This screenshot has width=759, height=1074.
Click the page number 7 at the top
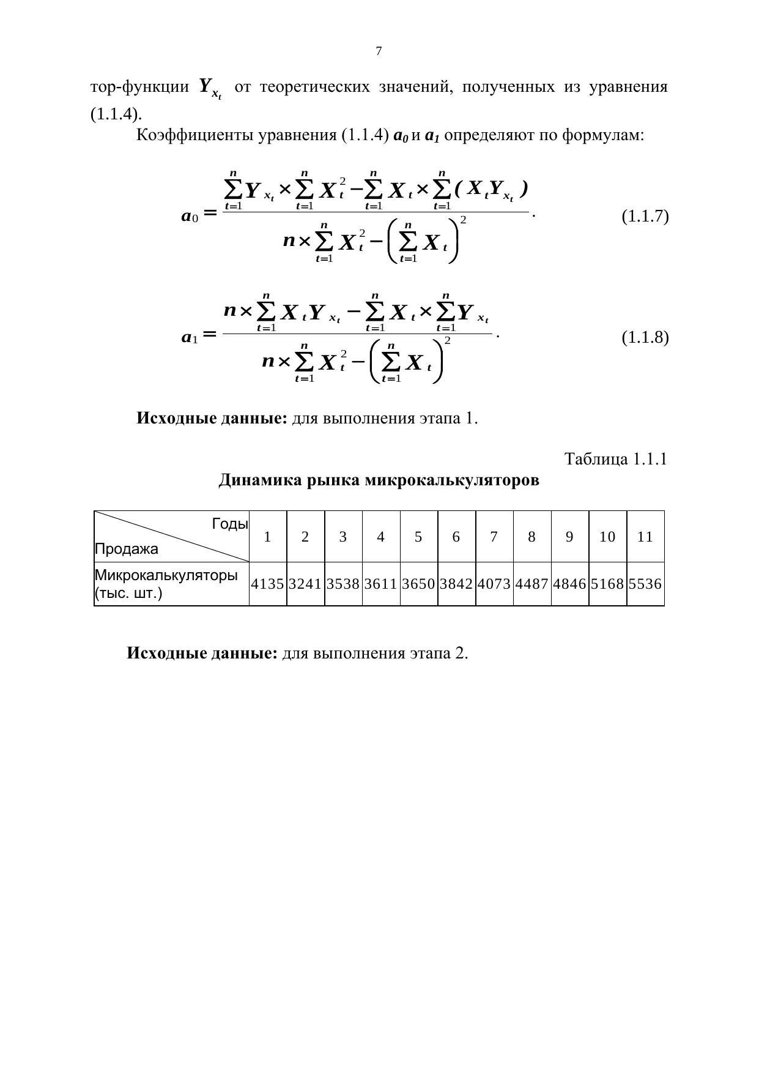[x=379, y=51]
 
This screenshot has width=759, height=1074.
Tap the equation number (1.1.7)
[x=645, y=216]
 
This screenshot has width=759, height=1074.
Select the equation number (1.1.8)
[x=645, y=337]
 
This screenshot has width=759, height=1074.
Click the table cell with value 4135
[x=268, y=584]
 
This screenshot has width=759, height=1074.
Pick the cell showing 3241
[x=305, y=584]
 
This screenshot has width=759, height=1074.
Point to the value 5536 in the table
[x=645, y=584]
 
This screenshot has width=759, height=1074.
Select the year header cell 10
[x=607, y=537]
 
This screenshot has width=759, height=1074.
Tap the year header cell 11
[x=645, y=537]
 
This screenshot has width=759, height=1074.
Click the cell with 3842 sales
[x=456, y=584]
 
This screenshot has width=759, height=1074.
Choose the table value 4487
[x=531, y=584]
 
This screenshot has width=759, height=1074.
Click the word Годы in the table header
[x=230, y=524]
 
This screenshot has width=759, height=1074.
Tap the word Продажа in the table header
[x=127, y=549]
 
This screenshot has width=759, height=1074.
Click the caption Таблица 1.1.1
[x=615, y=459]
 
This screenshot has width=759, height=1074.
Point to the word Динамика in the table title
[x=259, y=480]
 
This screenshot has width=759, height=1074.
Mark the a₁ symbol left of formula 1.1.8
[x=190, y=337]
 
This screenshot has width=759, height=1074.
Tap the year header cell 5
[x=418, y=537]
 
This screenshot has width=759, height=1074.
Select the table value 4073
[x=494, y=584]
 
